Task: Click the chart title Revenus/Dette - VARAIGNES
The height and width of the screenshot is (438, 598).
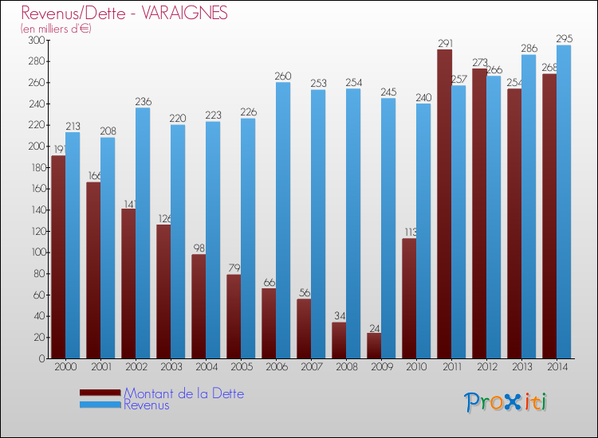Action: (x=124, y=14)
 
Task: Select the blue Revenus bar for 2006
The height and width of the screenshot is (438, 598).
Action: (x=283, y=220)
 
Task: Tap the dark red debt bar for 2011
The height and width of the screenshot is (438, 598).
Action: (x=444, y=204)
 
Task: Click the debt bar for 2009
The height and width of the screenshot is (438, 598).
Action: (x=374, y=346)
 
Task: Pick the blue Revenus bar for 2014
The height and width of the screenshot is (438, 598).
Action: (x=564, y=201)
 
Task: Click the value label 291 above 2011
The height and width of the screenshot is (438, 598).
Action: (x=444, y=43)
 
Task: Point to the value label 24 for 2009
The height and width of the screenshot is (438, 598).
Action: (x=374, y=327)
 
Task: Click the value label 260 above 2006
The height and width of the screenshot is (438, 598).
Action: (x=283, y=76)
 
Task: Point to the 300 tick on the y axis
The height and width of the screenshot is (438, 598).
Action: (x=37, y=40)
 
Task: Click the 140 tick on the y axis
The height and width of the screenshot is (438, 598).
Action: (x=37, y=210)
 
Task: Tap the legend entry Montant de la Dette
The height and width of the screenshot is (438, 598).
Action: (x=183, y=393)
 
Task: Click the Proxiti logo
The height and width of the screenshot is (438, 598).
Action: (x=506, y=402)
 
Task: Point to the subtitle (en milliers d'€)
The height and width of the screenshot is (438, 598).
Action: (x=57, y=29)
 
